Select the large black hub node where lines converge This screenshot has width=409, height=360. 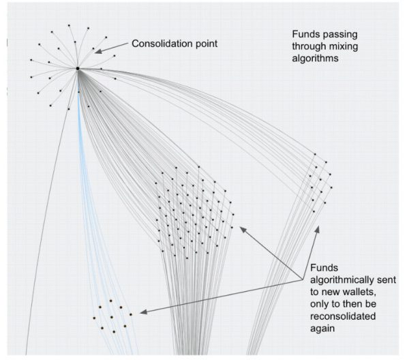[x=78, y=69]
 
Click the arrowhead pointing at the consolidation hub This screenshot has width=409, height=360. [x=98, y=51]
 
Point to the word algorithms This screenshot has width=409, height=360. [x=315, y=58]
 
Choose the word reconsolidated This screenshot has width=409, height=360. [x=343, y=316]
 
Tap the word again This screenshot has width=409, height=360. [x=322, y=329]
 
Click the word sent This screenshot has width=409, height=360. [x=387, y=280]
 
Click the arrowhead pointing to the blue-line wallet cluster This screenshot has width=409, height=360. [x=143, y=312]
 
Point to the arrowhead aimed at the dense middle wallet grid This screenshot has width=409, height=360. [x=243, y=230]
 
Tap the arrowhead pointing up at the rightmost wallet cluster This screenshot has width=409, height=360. [x=317, y=229]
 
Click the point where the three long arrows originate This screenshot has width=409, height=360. [x=303, y=280]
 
